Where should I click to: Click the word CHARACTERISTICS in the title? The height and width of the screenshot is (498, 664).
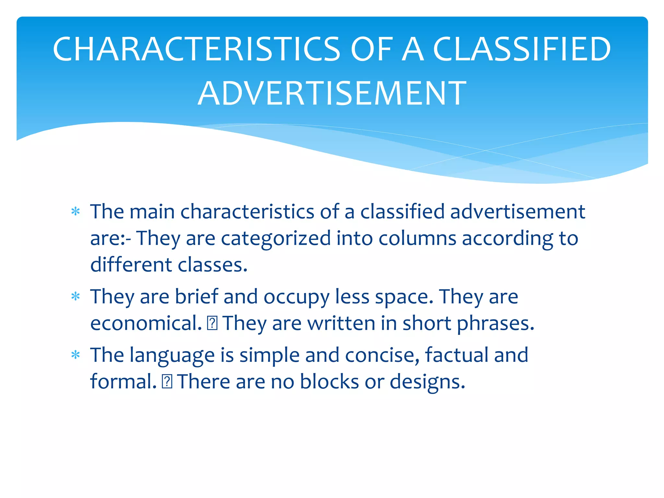click(x=196, y=49)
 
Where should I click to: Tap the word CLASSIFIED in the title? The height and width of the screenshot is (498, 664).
click(x=522, y=49)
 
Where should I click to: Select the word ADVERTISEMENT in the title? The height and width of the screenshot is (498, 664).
click(x=332, y=94)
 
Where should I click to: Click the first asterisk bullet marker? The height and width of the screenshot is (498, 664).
click(x=76, y=212)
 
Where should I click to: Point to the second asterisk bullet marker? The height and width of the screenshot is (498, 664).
click(x=76, y=296)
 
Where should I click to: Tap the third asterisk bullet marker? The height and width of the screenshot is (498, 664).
click(x=76, y=355)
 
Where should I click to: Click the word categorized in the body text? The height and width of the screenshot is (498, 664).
click(x=276, y=239)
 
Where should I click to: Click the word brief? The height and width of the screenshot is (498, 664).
click(x=196, y=296)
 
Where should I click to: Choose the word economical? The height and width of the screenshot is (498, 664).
click(x=146, y=323)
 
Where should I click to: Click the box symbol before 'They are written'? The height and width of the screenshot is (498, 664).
click(x=212, y=323)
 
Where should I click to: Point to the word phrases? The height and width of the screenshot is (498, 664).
click(x=495, y=324)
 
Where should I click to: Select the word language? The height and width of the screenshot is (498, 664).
click(x=172, y=356)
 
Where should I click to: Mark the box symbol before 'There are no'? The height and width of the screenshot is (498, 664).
click(x=167, y=382)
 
